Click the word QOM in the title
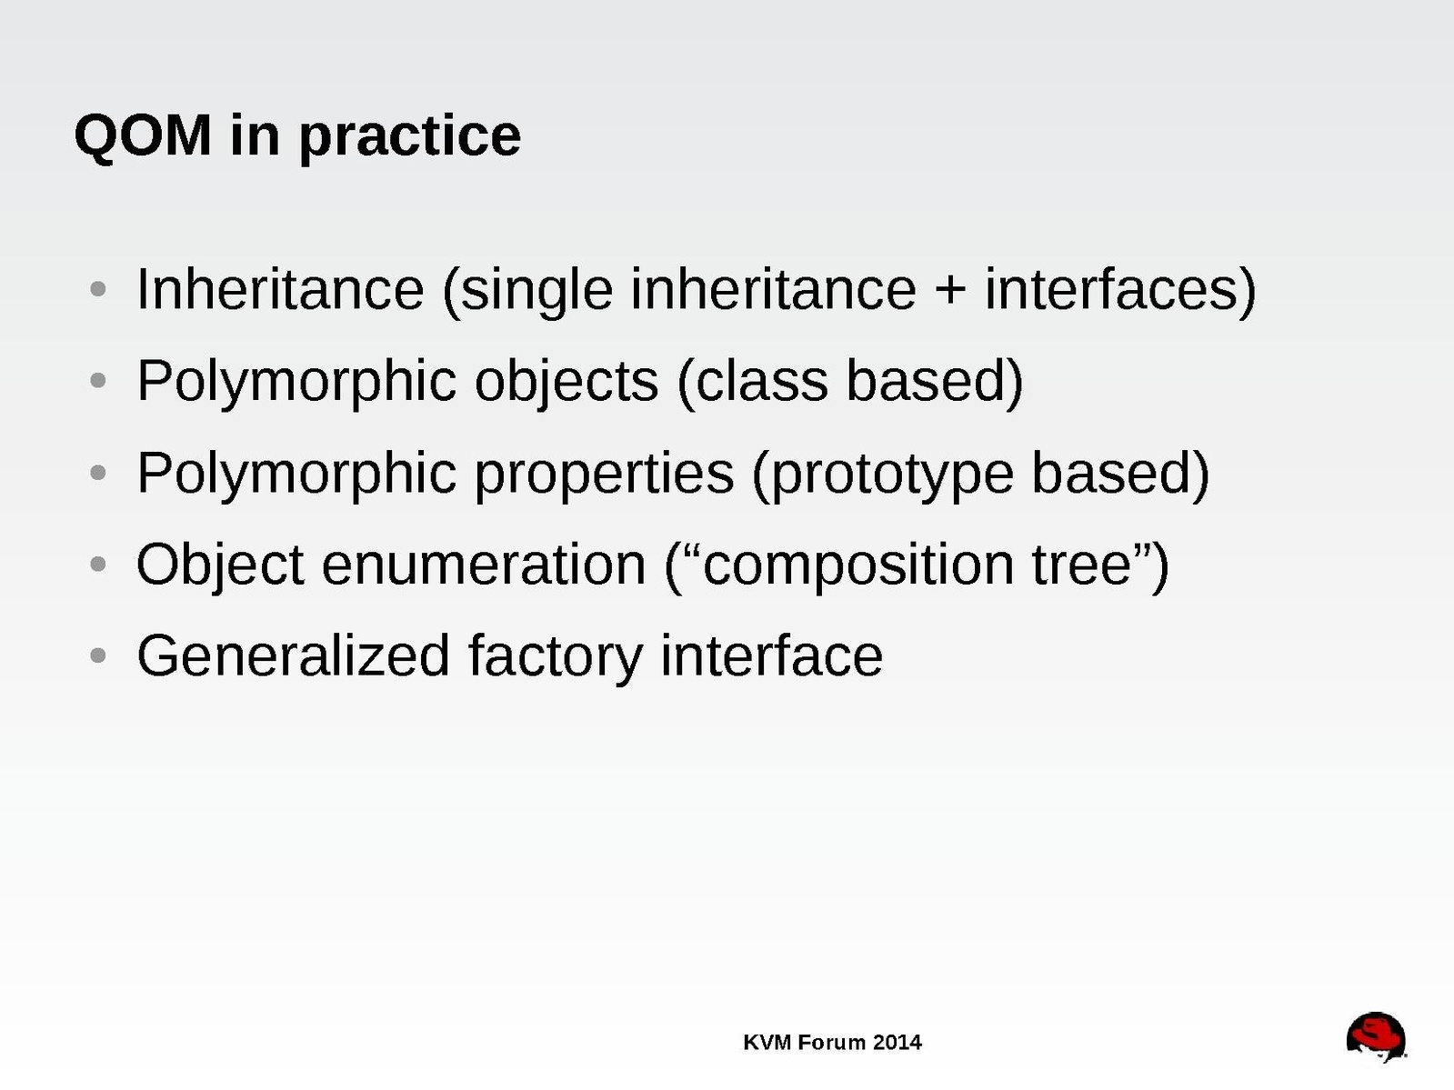[143, 135]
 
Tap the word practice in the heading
[410, 140]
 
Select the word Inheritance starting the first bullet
[280, 289]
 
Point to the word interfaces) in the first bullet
[1120, 292]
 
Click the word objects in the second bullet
[567, 383]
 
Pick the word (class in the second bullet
[753, 383]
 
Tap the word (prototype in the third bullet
[883, 475]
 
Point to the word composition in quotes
[858, 568]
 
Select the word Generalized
[294, 655]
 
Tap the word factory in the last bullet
[555, 658]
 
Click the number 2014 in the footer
[897, 1043]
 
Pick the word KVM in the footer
[767, 1043]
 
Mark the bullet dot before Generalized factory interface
[97, 655]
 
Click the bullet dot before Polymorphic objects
[97, 380]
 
